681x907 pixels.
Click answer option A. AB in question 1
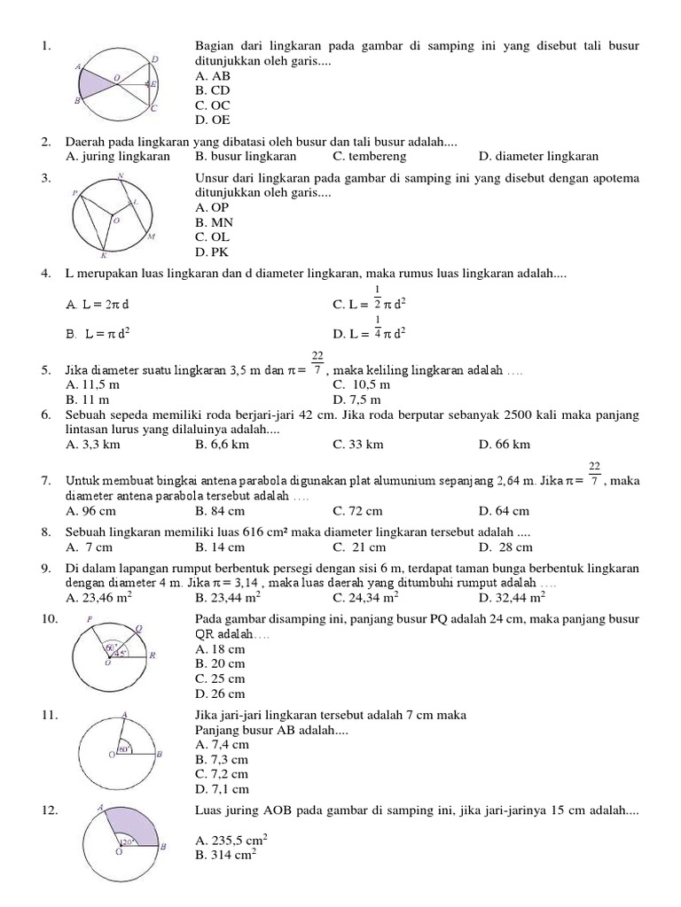213,76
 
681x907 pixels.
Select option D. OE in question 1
213,120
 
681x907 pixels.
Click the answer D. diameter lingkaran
538,157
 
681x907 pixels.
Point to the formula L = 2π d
98,304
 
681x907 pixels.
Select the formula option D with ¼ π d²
370,333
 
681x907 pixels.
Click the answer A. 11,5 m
93,385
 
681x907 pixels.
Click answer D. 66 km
504,444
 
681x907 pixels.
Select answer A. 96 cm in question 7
93,510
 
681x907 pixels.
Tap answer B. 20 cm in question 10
220,663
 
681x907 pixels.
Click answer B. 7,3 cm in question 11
221,759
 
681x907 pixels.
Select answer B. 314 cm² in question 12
224,855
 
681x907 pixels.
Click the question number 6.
45,415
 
